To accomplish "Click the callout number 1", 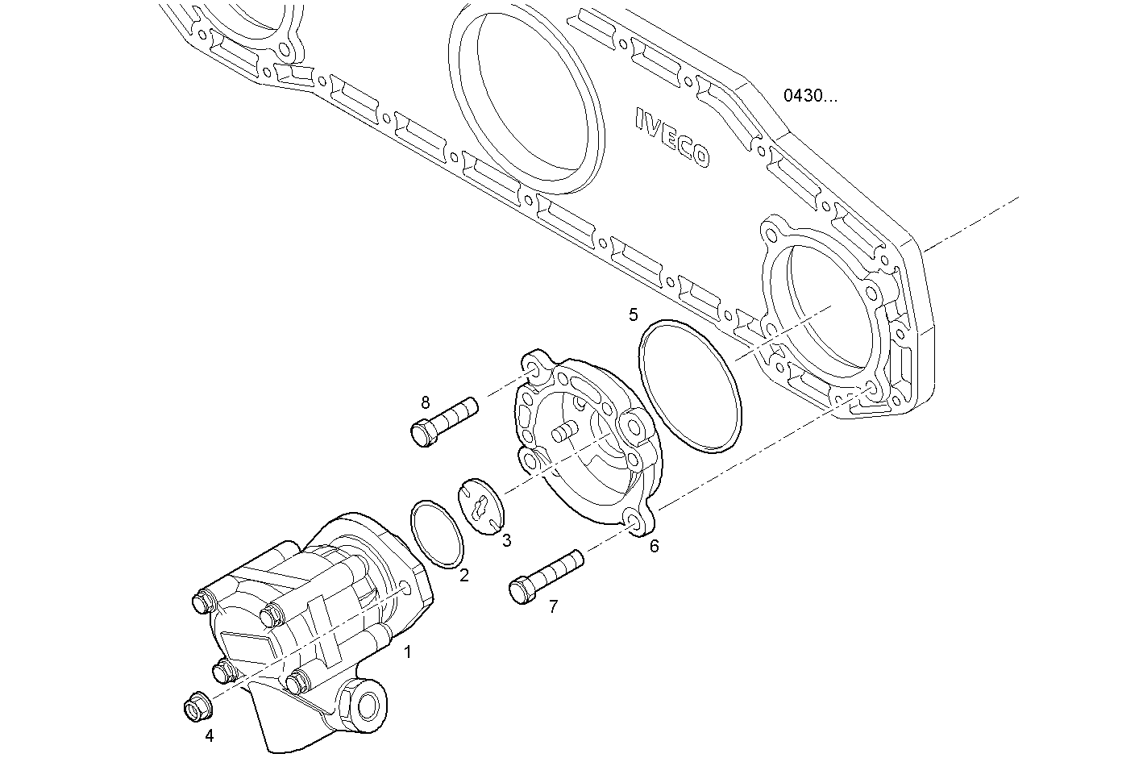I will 408,652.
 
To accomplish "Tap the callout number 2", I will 464,576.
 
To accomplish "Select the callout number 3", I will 506,540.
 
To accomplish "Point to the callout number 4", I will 210,735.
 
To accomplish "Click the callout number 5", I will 634,314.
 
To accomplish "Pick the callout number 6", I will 654,546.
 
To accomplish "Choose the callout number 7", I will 553,607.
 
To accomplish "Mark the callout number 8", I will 426,401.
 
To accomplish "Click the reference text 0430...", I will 810,96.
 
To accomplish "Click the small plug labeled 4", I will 195,707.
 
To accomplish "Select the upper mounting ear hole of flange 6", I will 533,369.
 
